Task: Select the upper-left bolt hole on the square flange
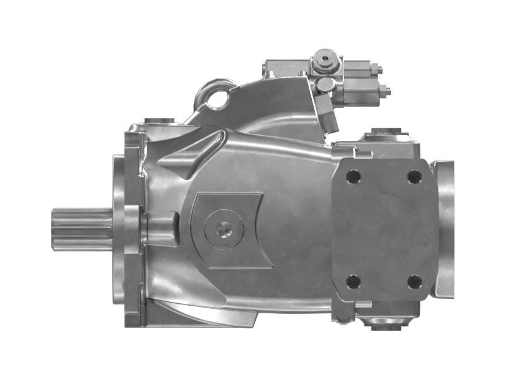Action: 353,177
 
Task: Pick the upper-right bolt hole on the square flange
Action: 414,176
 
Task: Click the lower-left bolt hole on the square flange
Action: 353,280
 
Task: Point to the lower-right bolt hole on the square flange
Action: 414,280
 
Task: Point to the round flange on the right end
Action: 444,229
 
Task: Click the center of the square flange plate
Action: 384,229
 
